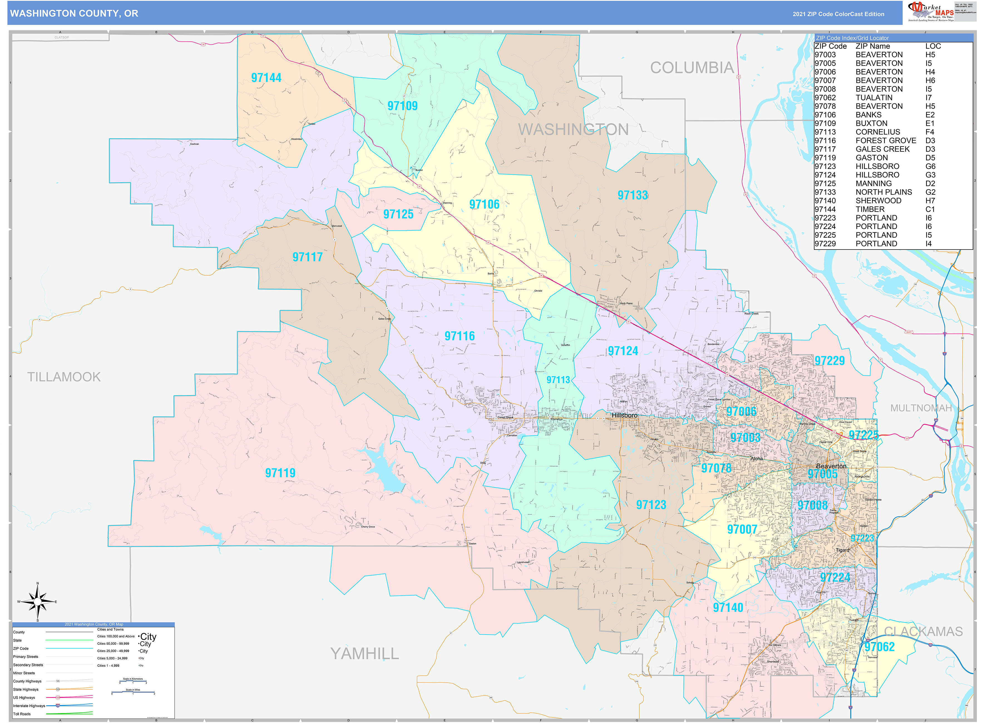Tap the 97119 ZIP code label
tap(280, 473)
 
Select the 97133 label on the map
tap(633, 195)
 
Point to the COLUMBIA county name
tap(692, 68)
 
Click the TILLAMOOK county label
tap(64, 377)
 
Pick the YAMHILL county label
tap(365, 654)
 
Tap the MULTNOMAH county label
tap(921, 408)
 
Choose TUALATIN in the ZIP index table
tap(874, 98)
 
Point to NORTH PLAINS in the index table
tap(883, 192)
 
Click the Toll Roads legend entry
tap(22, 714)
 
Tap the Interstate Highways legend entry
tap(29, 705)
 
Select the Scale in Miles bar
tap(133, 692)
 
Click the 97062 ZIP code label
tap(879, 647)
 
